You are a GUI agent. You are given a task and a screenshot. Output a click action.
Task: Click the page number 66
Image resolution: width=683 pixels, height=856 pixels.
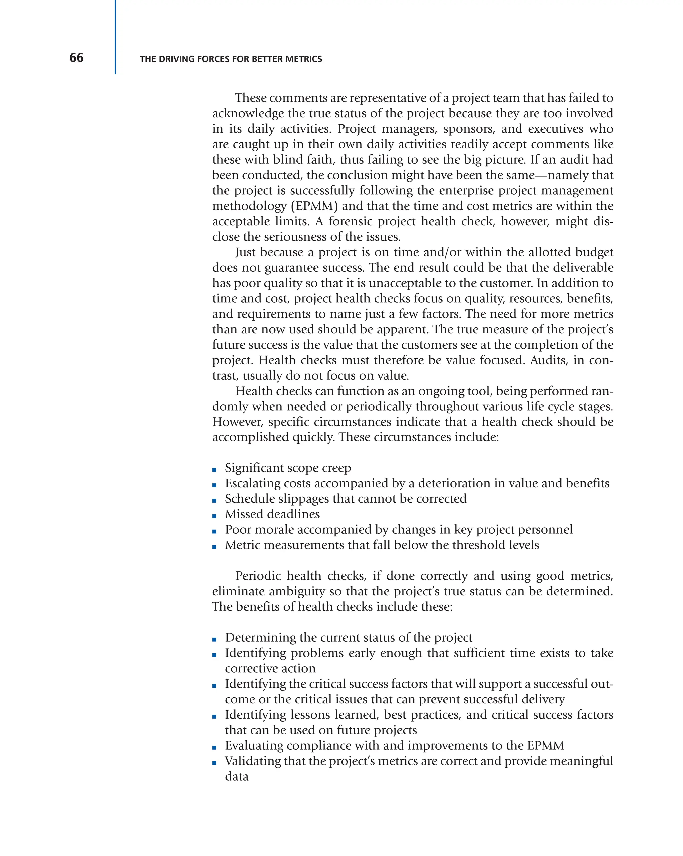(76, 58)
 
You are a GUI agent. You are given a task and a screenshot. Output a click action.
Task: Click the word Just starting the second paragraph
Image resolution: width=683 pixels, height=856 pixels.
(245, 252)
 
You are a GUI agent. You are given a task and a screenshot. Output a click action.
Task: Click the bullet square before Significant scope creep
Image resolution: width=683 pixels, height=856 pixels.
(214, 470)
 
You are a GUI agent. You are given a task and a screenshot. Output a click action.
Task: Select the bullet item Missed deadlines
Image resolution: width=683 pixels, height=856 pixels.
(272, 514)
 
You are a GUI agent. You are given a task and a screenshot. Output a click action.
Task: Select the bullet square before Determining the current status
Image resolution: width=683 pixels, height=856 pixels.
(214, 640)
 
